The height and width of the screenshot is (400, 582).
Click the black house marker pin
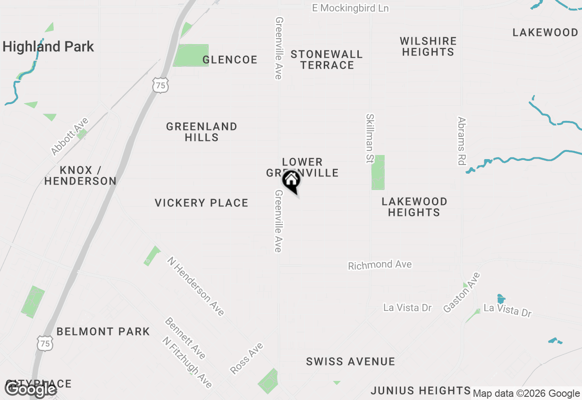(x=291, y=181)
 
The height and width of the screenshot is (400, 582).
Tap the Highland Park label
(x=48, y=46)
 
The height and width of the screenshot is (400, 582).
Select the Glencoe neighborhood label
(x=230, y=60)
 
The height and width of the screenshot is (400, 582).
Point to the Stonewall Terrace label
(x=326, y=60)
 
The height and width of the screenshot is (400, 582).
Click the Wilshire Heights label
(x=428, y=46)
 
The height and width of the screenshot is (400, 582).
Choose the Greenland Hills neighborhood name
(x=201, y=132)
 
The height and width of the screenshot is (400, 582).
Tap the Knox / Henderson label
(x=80, y=175)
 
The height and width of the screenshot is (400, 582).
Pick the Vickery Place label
(x=201, y=203)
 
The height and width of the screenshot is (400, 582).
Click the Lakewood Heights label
(x=414, y=207)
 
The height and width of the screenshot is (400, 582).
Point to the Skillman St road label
(x=370, y=139)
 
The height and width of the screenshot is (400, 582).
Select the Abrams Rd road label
(x=462, y=141)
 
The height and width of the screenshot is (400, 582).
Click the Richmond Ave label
(x=380, y=265)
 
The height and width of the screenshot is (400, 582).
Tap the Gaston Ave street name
(x=462, y=292)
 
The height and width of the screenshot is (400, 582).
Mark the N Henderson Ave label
(x=196, y=286)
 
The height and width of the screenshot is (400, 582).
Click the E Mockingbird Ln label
(x=350, y=8)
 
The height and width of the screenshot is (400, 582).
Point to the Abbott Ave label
(x=70, y=136)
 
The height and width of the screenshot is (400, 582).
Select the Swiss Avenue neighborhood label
(x=350, y=362)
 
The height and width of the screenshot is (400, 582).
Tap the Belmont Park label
(x=103, y=331)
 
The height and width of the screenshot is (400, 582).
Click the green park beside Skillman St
(x=378, y=172)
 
